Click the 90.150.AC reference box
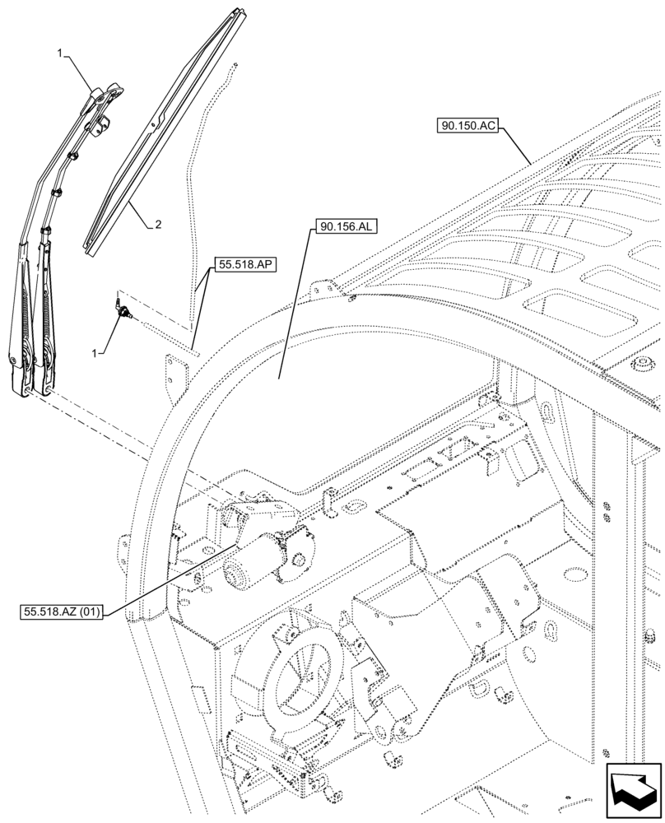click(467, 127)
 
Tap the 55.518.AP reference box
click(244, 265)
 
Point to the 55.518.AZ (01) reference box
click(63, 613)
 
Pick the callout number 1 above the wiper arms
click(60, 53)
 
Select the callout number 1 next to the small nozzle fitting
click(96, 352)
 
